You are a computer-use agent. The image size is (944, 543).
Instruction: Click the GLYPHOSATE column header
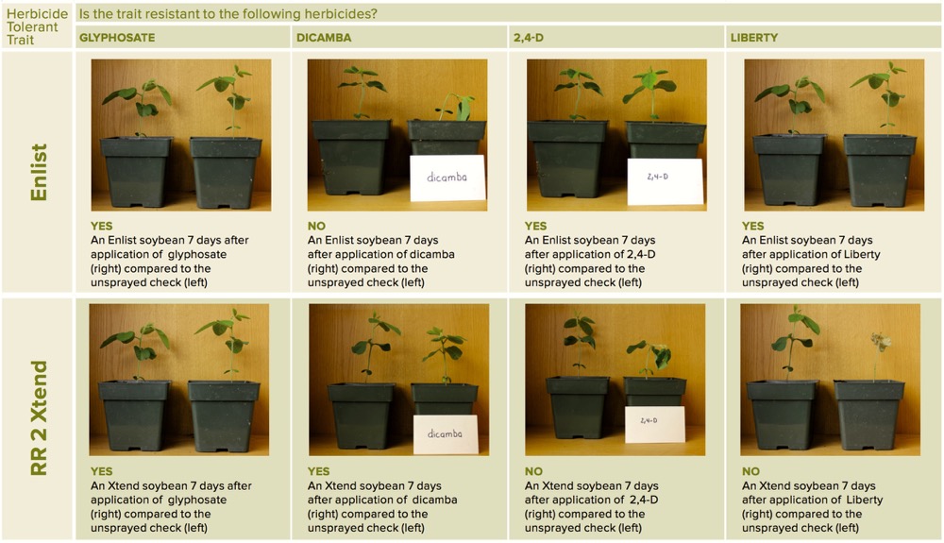click(x=117, y=38)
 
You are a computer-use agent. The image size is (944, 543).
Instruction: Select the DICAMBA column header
click(x=323, y=38)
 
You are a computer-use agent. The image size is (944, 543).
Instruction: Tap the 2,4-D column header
click(x=528, y=38)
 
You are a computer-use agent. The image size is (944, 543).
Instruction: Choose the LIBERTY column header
click(x=753, y=38)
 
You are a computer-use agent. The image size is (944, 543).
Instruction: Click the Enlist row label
click(x=39, y=172)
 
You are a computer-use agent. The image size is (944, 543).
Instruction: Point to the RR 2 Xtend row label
click(x=39, y=417)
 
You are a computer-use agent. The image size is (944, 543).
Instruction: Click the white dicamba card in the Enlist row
click(x=447, y=178)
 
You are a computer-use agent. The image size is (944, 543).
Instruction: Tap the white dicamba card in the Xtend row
click(x=447, y=434)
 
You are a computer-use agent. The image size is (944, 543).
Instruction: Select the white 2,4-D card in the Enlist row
click(x=665, y=181)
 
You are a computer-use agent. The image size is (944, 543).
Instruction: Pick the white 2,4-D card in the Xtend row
click(x=654, y=424)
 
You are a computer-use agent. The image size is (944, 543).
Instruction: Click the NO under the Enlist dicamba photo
click(x=316, y=226)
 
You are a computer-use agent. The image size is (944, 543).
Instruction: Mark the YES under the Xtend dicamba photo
click(x=318, y=471)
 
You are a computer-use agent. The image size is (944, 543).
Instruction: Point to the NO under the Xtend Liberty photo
click(x=750, y=471)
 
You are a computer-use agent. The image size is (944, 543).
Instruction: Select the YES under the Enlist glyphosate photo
click(x=101, y=226)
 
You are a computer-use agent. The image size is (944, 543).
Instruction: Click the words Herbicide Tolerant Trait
click(x=36, y=26)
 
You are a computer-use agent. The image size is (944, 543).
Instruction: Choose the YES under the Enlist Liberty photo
click(x=752, y=226)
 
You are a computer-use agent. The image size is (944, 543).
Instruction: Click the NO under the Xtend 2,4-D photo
click(x=533, y=471)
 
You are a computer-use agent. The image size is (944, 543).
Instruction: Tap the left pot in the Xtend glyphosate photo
click(x=134, y=415)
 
